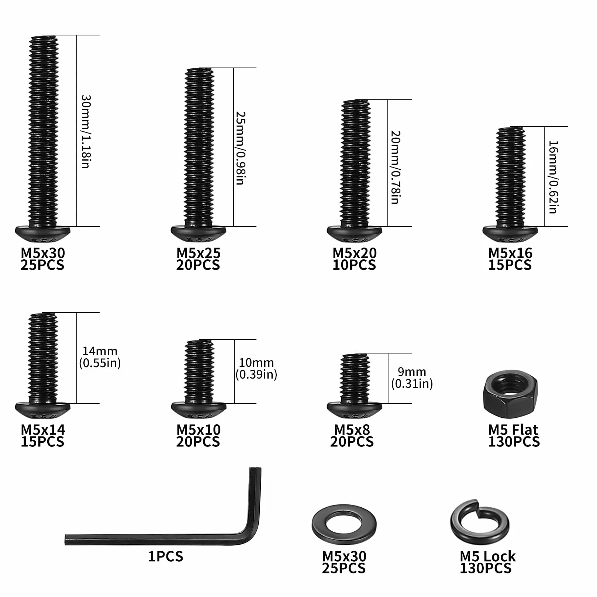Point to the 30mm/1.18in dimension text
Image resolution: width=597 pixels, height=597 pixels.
click(x=86, y=132)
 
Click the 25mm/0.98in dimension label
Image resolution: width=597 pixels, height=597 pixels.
click(x=241, y=148)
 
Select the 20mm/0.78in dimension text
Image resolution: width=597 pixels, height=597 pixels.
click(x=396, y=167)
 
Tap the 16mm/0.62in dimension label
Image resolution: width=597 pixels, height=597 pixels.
click(x=553, y=177)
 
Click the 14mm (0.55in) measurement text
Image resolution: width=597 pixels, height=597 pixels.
click(x=100, y=357)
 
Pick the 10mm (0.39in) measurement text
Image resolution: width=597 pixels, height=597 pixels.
click(x=256, y=368)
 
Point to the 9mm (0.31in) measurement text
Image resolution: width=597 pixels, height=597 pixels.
click(x=412, y=377)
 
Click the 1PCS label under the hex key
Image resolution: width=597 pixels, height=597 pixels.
click(x=165, y=556)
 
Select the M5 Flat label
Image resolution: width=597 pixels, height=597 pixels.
click(x=513, y=429)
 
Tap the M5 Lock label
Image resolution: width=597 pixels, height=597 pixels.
click(x=487, y=556)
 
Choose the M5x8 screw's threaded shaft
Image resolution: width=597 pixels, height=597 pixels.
click(x=354, y=378)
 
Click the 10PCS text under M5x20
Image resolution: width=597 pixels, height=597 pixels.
click(x=354, y=265)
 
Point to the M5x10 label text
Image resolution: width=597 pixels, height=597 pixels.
click(x=199, y=429)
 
